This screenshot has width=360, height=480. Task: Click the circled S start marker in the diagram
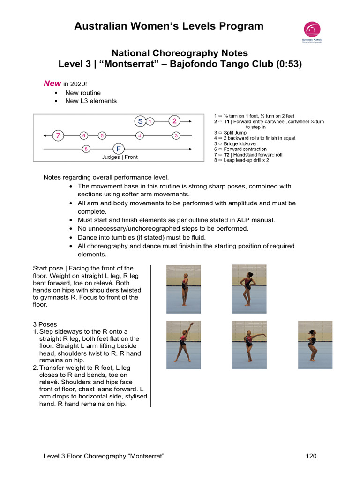(x=140, y=121)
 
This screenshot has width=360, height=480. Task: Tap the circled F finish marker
(x=119, y=149)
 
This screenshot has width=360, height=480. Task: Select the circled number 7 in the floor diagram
(x=58, y=135)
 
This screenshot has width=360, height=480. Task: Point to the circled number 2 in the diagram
(x=174, y=121)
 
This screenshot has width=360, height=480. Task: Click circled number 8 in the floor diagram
(x=86, y=149)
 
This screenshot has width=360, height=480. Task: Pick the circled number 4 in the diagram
(x=140, y=135)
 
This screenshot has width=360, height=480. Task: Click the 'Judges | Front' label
(x=120, y=157)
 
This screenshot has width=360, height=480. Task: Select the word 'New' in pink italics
(x=52, y=83)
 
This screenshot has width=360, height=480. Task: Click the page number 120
(x=312, y=456)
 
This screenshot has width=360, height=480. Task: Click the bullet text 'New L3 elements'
(x=91, y=101)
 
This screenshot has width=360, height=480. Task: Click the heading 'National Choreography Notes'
(x=180, y=53)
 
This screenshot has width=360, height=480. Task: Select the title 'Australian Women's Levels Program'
(x=169, y=26)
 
